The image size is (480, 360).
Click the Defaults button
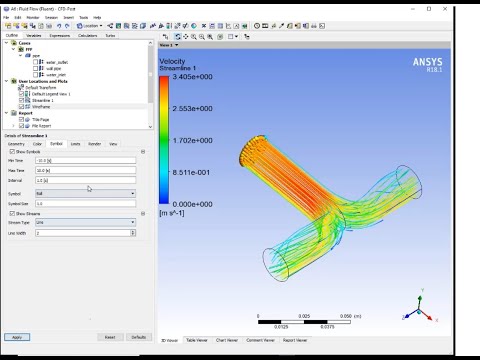point(139,337)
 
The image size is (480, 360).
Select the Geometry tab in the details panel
point(16,143)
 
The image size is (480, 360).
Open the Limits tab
point(75,143)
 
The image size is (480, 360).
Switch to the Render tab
point(94,143)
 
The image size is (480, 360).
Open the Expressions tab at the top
point(59,34)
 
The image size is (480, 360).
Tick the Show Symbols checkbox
point(9,152)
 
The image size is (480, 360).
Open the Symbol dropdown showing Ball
point(86,193)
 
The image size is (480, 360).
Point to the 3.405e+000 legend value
point(202,75)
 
